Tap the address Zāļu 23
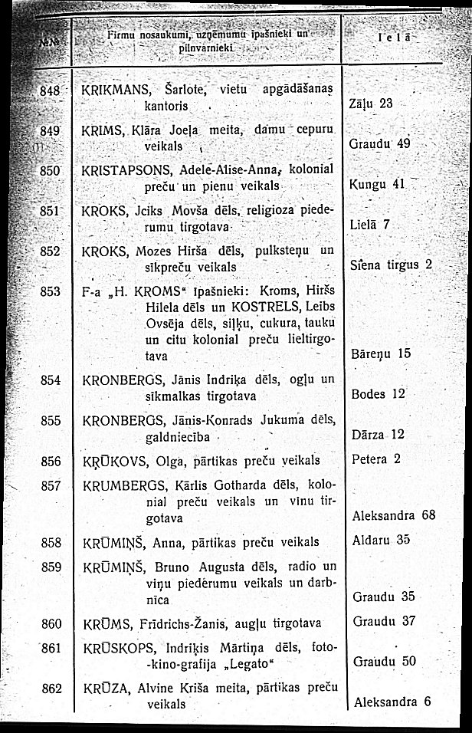tap(371, 104)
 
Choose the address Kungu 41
tap(375, 184)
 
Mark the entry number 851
tap(50, 209)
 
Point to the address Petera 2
tap(375, 460)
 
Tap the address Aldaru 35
tap(382, 539)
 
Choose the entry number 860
tap(51, 622)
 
